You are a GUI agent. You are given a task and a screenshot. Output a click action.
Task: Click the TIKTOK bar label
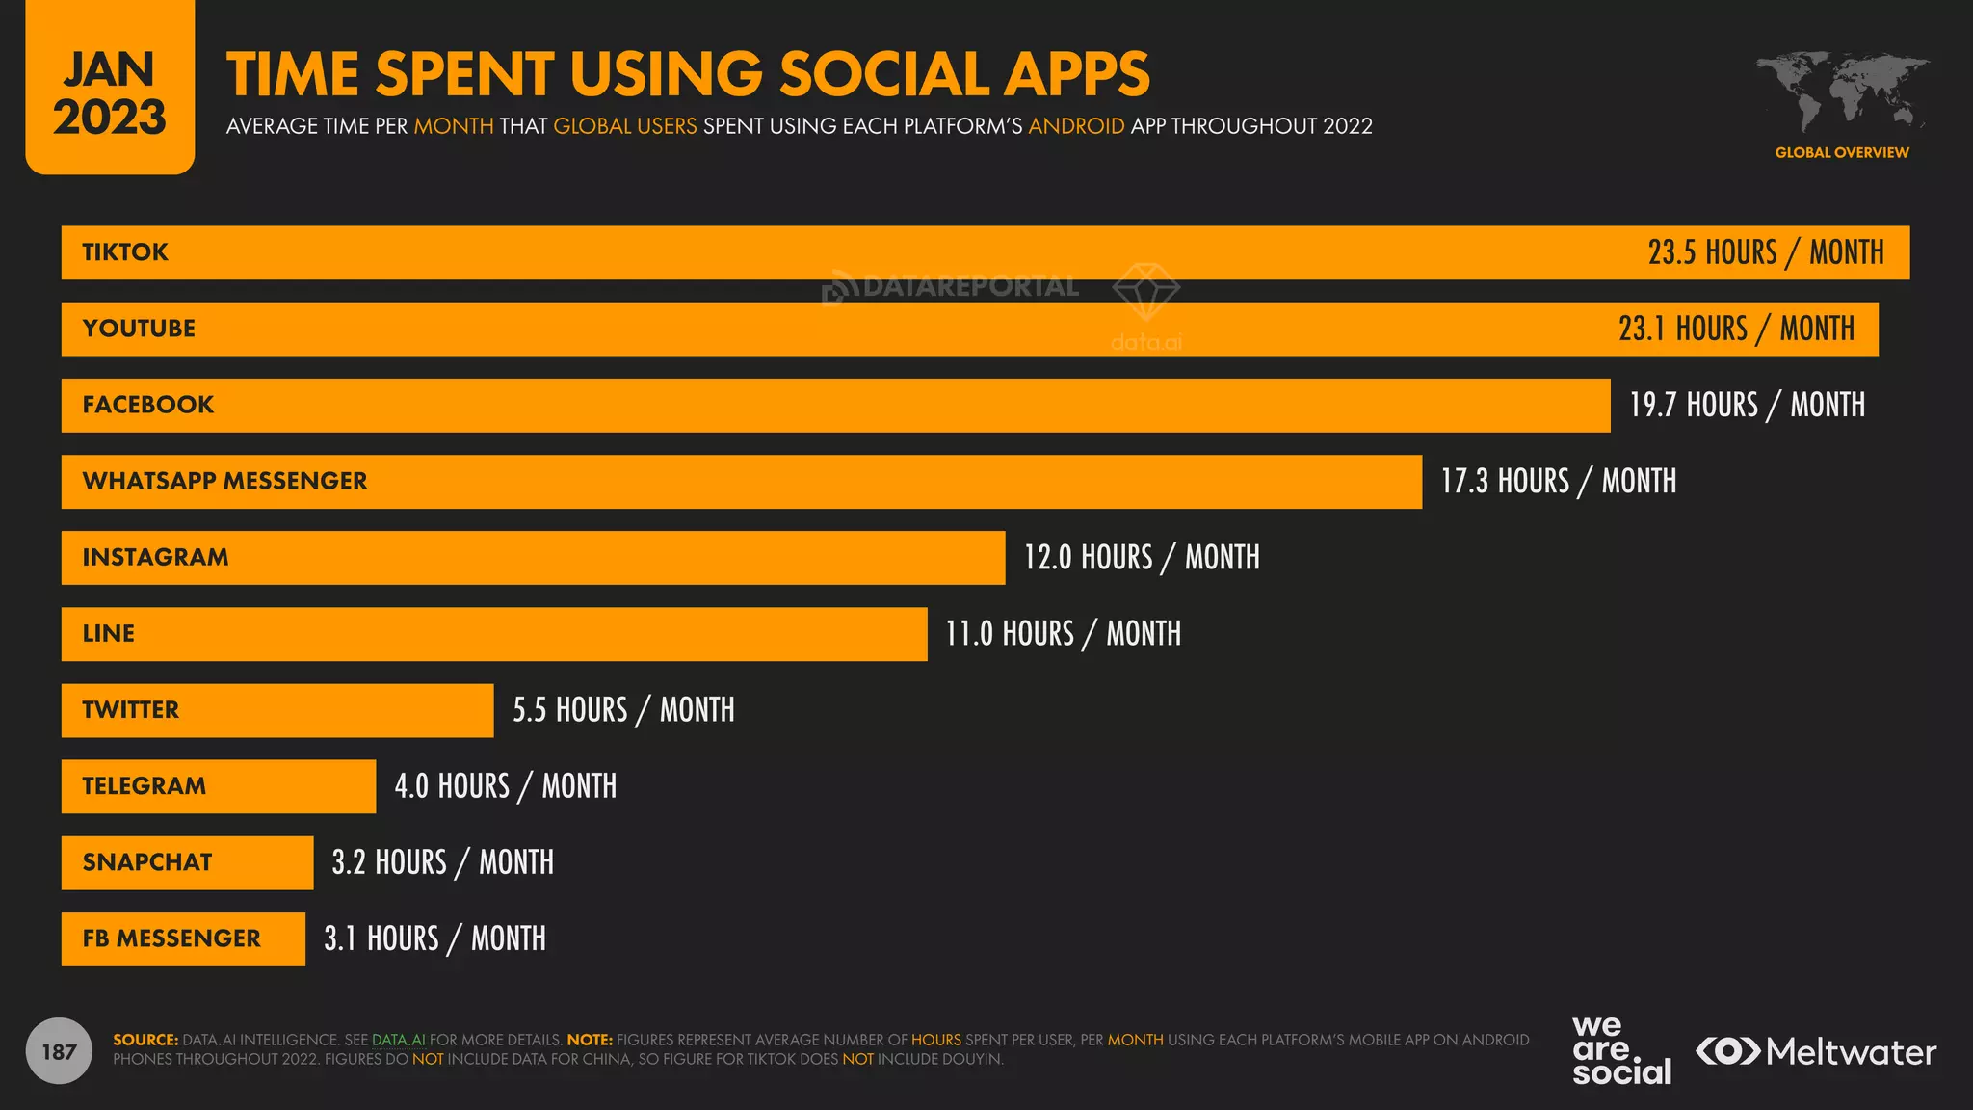click(x=125, y=252)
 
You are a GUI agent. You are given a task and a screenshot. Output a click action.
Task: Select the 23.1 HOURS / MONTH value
click(x=1736, y=329)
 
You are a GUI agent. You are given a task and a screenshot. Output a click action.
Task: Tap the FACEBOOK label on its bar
click(x=148, y=405)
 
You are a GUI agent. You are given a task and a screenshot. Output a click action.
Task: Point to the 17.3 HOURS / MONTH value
click(x=1558, y=481)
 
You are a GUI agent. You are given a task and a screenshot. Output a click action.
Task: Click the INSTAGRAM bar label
click(x=155, y=557)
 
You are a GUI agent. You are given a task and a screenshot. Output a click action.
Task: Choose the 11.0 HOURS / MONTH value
click(x=1063, y=634)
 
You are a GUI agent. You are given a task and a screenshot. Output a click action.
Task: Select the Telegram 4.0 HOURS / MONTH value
click(x=505, y=786)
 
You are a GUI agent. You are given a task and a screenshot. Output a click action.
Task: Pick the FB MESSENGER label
click(x=171, y=938)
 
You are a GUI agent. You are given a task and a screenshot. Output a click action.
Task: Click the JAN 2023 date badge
click(x=110, y=92)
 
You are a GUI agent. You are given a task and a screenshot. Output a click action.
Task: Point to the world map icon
click(x=1841, y=92)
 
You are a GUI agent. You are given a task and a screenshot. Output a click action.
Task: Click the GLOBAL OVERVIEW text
click(x=1841, y=152)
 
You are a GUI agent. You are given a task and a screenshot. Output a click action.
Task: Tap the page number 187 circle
click(x=59, y=1051)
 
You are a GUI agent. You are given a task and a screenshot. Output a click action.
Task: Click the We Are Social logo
click(x=1620, y=1051)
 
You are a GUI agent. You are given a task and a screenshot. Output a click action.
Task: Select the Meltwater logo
click(x=1815, y=1051)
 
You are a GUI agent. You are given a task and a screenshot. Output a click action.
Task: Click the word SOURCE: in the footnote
click(x=145, y=1040)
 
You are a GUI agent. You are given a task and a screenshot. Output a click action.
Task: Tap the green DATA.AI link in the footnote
click(x=398, y=1040)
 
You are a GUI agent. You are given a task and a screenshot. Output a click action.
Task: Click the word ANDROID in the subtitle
click(x=1076, y=126)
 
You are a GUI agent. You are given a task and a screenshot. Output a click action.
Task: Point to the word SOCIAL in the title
click(x=883, y=74)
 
